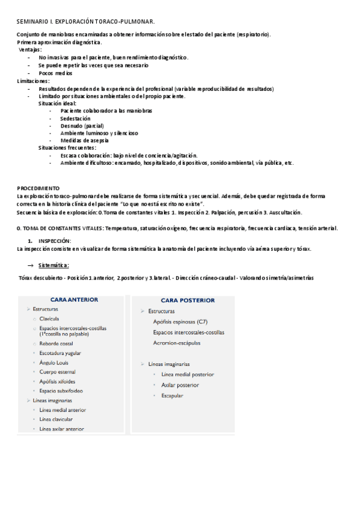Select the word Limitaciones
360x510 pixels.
tap(33, 81)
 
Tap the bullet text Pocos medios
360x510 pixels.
tap(55, 73)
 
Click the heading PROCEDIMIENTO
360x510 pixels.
tap(38, 188)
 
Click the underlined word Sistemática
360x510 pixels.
tap(53, 265)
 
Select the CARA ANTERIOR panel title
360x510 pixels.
tap(75, 299)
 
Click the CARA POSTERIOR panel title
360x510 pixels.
tap(188, 300)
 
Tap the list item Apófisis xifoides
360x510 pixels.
tap(58, 381)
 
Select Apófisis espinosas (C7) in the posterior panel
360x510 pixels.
tap(180, 322)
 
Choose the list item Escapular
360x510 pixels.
tap(172, 396)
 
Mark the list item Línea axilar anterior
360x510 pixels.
tap(62, 429)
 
